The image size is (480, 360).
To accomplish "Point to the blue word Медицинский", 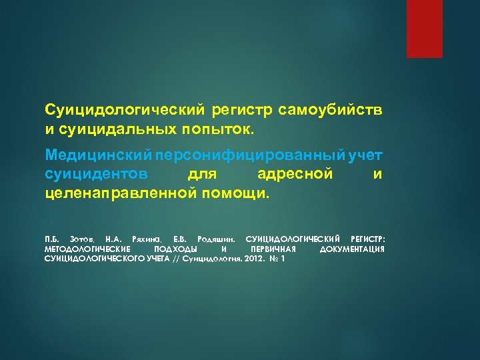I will click(x=99, y=155).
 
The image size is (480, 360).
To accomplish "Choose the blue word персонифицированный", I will click(x=249, y=155).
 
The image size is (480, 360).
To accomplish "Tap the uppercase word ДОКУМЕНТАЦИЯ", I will click(x=352, y=249).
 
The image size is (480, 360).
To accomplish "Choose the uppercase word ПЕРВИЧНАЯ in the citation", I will click(x=268, y=249).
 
